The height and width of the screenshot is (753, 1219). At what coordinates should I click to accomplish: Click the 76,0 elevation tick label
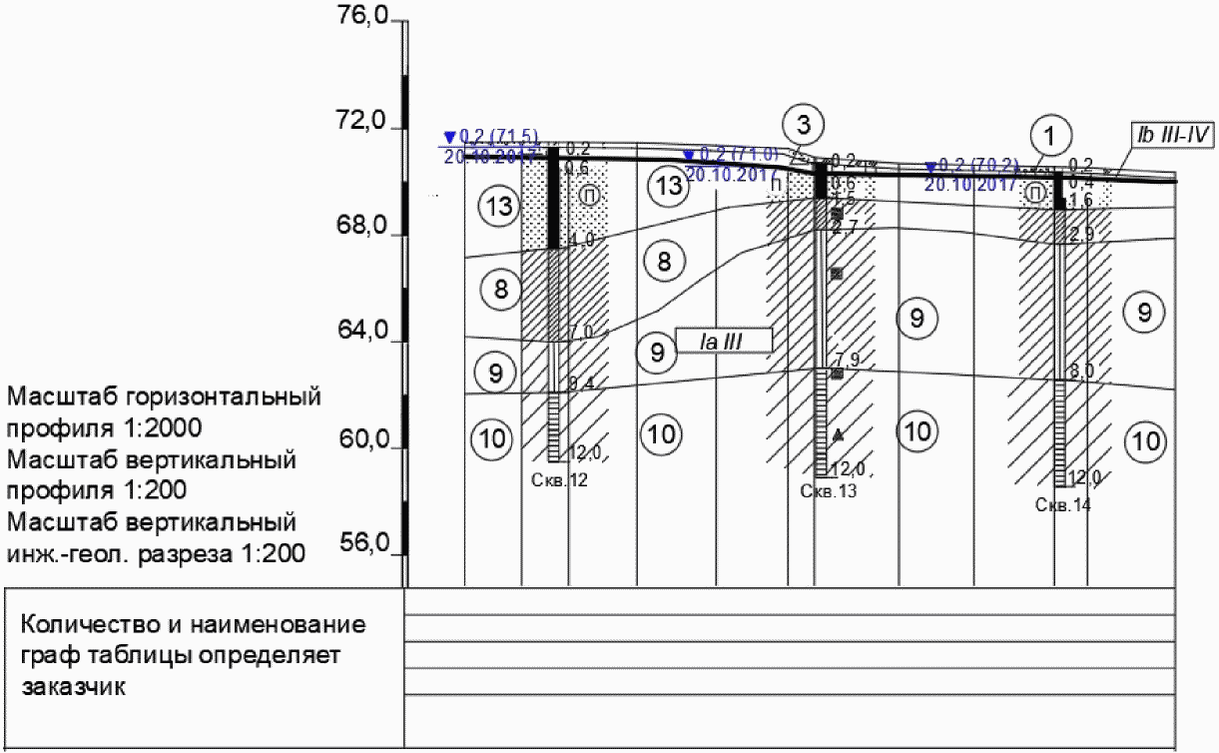[x=363, y=17]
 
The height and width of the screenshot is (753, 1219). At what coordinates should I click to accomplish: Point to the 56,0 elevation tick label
[x=363, y=544]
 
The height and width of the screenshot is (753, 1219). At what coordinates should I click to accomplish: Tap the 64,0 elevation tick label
[x=363, y=333]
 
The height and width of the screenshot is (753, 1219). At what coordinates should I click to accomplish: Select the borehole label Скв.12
[x=561, y=480]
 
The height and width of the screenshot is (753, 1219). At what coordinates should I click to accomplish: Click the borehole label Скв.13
[x=829, y=490]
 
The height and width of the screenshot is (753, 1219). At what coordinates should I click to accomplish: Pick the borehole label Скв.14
[x=1063, y=505]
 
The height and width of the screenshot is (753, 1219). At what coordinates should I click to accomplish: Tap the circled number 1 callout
[x=1050, y=134]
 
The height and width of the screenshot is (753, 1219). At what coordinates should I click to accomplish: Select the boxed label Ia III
[x=724, y=341]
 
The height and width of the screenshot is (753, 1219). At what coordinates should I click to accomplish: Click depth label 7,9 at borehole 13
[x=848, y=360]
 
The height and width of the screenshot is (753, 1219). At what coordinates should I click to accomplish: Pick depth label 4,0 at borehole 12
[x=582, y=240]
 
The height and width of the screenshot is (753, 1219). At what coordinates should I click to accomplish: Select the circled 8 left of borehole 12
[x=501, y=290]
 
